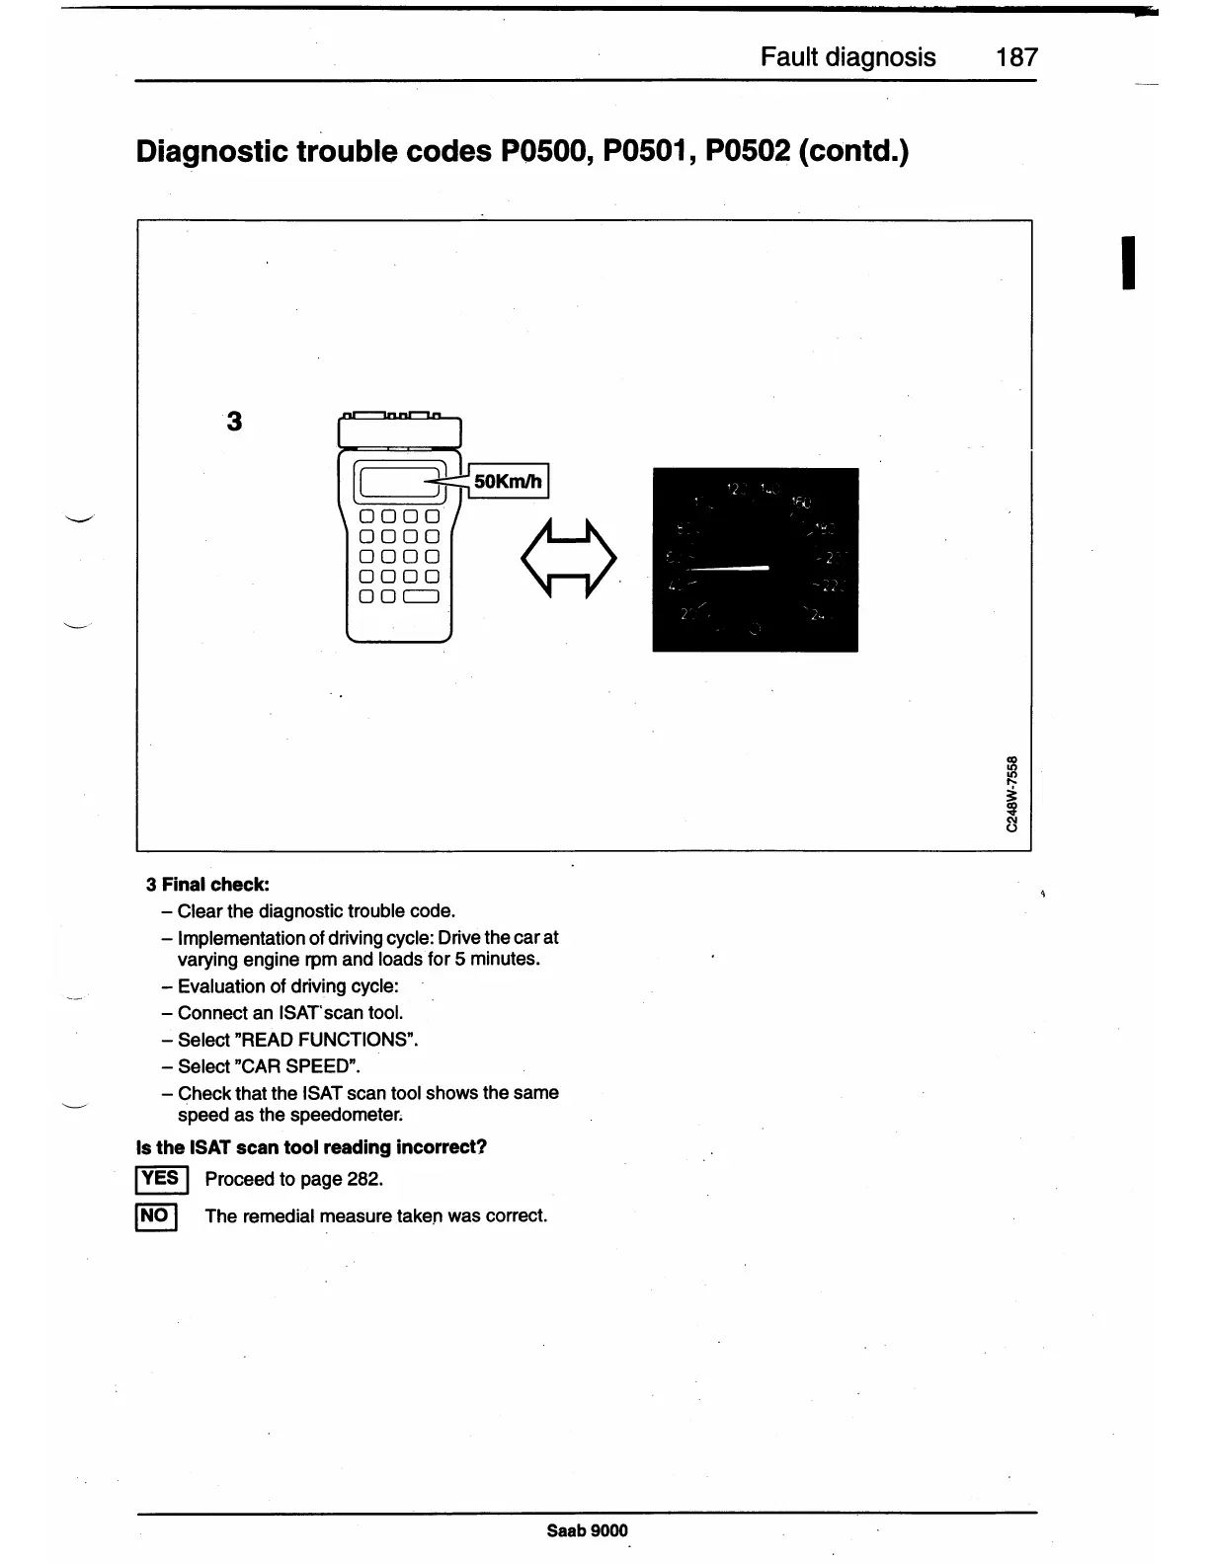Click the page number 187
coord(1016,57)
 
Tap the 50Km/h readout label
coord(508,482)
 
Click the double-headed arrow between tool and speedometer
coord(568,558)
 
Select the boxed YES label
coord(158,1179)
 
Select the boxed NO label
coord(155,1215)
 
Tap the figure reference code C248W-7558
coord(1010,793)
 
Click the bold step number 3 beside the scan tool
coord(234,422)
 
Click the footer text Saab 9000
coord(587,1530)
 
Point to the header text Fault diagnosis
coord(847,57)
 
